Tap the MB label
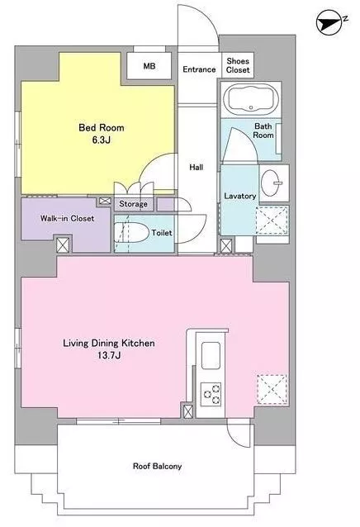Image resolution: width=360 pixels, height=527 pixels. pyautogui.click(x=149, y=66)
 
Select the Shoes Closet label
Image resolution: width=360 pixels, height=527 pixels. pyautogui.click(x=238, y=65)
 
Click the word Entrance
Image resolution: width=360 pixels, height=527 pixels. pyautogui.click(x=199, y=69)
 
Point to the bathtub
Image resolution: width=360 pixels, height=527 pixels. pyautogui.click(x=251, y=97)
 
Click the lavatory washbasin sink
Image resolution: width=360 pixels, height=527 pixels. pyautogui.click(x=272, y=183)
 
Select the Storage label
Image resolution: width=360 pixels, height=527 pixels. pyautogui.click(x=133, y=204)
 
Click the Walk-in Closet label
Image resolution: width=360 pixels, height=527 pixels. pyautogui.click(x=67, y=218)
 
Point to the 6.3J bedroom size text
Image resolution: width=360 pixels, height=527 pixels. pyautogui.click(x=102, y=140)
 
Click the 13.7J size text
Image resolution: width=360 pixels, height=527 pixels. pyautogui.click(x=109, y=355)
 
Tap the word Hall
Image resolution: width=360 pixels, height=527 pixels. pyautogui.click(x=197, y=167)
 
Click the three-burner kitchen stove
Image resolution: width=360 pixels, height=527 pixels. pyautogui.click(x=211, y=394)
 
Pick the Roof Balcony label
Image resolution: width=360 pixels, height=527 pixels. pyautogui.click(x=157, y=466)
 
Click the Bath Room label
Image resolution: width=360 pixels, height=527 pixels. pyautogui.click(x=263, y=131)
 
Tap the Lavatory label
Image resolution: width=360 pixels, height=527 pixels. pyautogui.click(x=239, y=196)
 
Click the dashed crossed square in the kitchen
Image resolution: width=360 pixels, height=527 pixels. pyautogui.click(x=272, y=389)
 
